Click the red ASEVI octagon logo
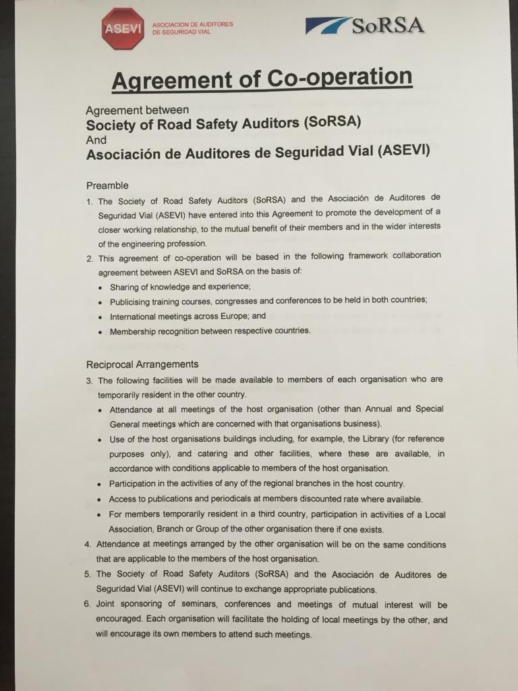(123, 28)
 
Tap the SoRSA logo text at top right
(387, 26)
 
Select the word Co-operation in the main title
(339, 78)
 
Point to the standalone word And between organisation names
(96, 140)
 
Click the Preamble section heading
(107, 185)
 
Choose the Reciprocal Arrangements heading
(142, 364)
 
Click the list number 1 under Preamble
(89, 201)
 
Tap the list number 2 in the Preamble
(89, 257)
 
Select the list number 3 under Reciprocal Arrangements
(89, 381)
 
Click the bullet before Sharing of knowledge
(100, 288)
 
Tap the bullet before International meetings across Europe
(100, 317)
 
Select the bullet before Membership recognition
(100, 332)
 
